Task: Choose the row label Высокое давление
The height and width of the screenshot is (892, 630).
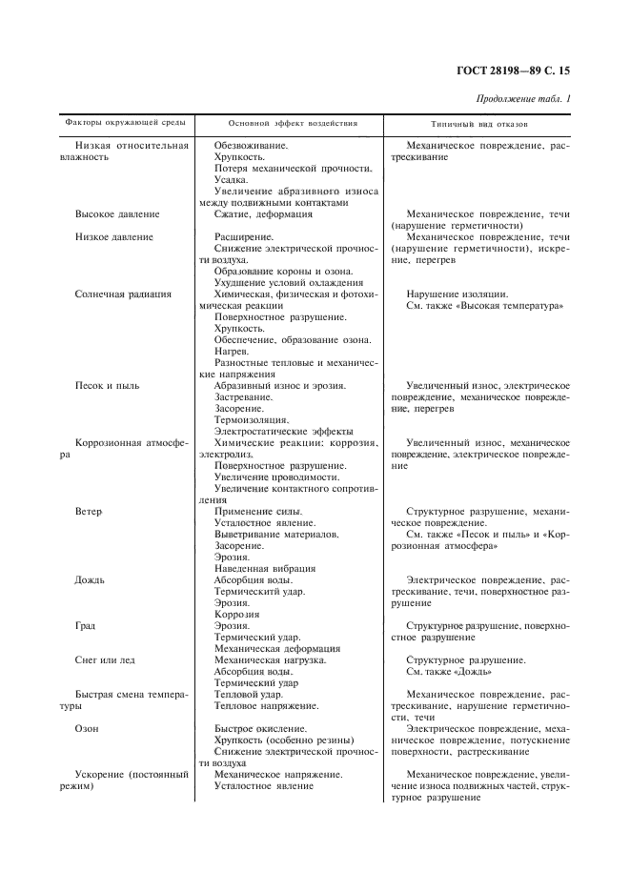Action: point(117,214)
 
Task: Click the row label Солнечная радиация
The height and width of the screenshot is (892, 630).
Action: point(123,294)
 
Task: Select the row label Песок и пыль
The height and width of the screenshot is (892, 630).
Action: point(107,385)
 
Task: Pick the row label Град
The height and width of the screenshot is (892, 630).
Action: point(86,626)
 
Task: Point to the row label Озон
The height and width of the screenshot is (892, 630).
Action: point(87,729)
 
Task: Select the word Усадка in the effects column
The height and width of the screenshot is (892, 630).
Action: point(232,179)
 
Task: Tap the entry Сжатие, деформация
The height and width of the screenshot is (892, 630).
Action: point(264,214)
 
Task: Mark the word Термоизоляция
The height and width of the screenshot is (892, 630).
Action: point(252,419)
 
